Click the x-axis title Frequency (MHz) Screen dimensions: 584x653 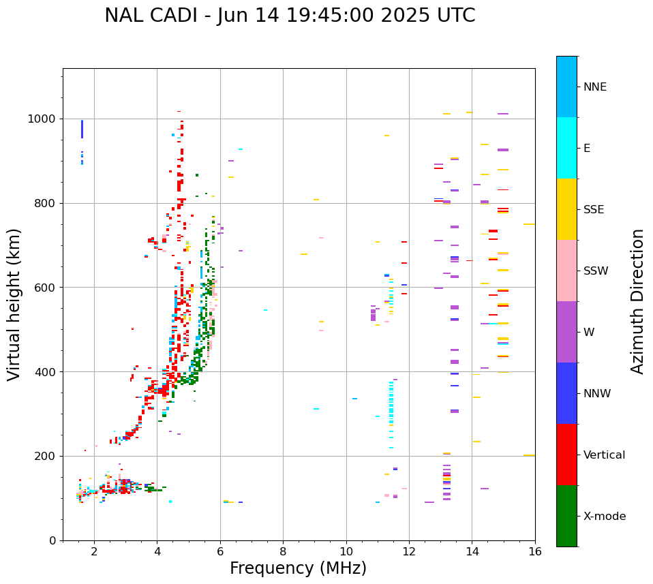point(298,568)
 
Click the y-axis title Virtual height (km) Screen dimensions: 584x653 point(14,304)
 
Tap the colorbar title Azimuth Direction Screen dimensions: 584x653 point(637,301)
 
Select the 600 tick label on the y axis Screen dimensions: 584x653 point(46,288)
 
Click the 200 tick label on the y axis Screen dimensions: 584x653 point(46,456)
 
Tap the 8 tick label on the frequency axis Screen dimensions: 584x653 point(283,551)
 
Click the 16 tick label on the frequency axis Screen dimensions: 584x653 point(535,551)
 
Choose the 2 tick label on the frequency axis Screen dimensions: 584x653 point(94,551)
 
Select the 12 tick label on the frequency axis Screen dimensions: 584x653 point(409,551)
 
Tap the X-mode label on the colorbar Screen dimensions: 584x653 point(605,517)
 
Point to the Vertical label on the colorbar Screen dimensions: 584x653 point(604,455)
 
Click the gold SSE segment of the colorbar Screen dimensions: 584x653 point(566,209)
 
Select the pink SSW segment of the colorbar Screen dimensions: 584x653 point(566,271)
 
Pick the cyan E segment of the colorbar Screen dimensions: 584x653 point(566,148)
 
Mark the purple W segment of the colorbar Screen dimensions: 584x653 point(566,332)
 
